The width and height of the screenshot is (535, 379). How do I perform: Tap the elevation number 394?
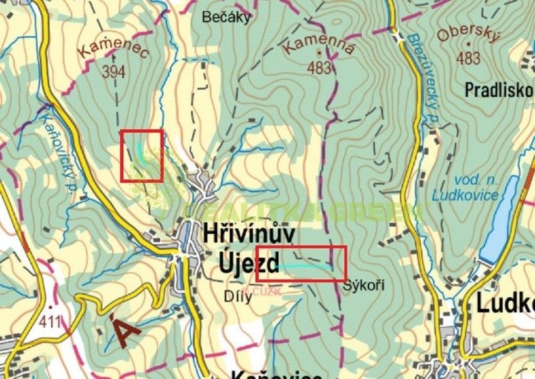pyautogui.click(x=114, y=72)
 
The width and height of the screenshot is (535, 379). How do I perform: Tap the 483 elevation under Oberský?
pyautogui.click(x=468, y=59)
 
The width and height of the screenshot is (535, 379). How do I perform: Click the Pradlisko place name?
pyautogui.click(x=498, y=90)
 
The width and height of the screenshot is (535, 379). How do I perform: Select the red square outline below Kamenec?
pyautogui.click(x=142, y=156)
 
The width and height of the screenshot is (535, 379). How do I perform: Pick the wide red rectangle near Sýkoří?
pyautogui.click(x=301, y=263)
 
